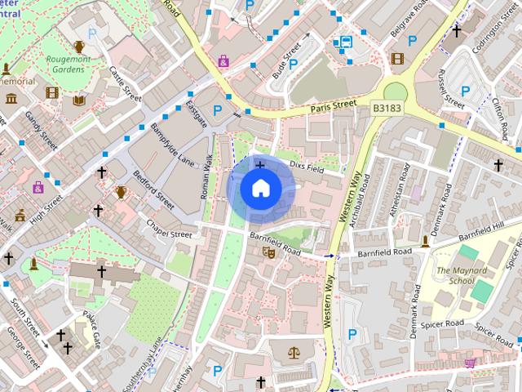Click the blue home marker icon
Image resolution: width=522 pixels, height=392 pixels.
[x=260, y=189]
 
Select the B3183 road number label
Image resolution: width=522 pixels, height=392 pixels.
[x=388, y=106]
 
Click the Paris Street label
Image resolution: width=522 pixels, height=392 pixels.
[x=333, y=106]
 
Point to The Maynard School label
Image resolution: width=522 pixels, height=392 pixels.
[x=455, y=276]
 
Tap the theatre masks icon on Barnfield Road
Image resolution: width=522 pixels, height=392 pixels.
[x=268, y=253]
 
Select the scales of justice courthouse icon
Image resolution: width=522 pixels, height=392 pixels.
[x=294, y=354]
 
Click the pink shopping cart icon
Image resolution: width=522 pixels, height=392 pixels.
[x=470, y=363]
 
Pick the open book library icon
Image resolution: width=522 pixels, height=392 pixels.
[x=79, y=100]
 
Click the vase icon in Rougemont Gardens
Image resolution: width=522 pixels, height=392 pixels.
[x=79, y=47]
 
